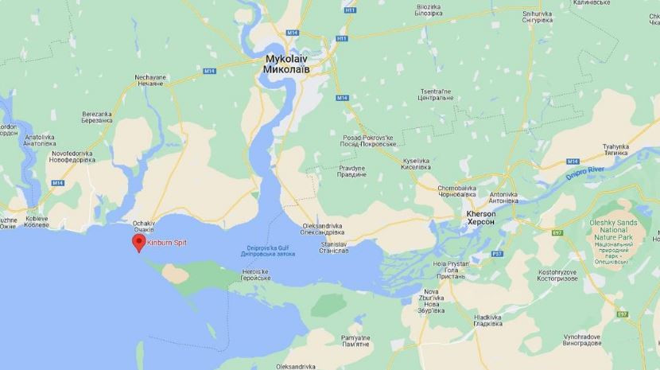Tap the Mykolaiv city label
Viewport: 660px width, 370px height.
[286, 64]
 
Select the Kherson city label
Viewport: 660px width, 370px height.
[480, 218]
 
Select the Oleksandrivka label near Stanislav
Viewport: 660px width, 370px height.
[324, 229]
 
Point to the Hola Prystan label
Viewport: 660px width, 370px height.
[450, 267]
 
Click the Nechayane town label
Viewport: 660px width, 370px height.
[150, 80]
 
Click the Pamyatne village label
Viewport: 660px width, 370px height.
[355, 342]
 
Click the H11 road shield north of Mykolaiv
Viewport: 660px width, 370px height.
[341, 37]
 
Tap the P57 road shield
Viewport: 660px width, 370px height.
[497, 254]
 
